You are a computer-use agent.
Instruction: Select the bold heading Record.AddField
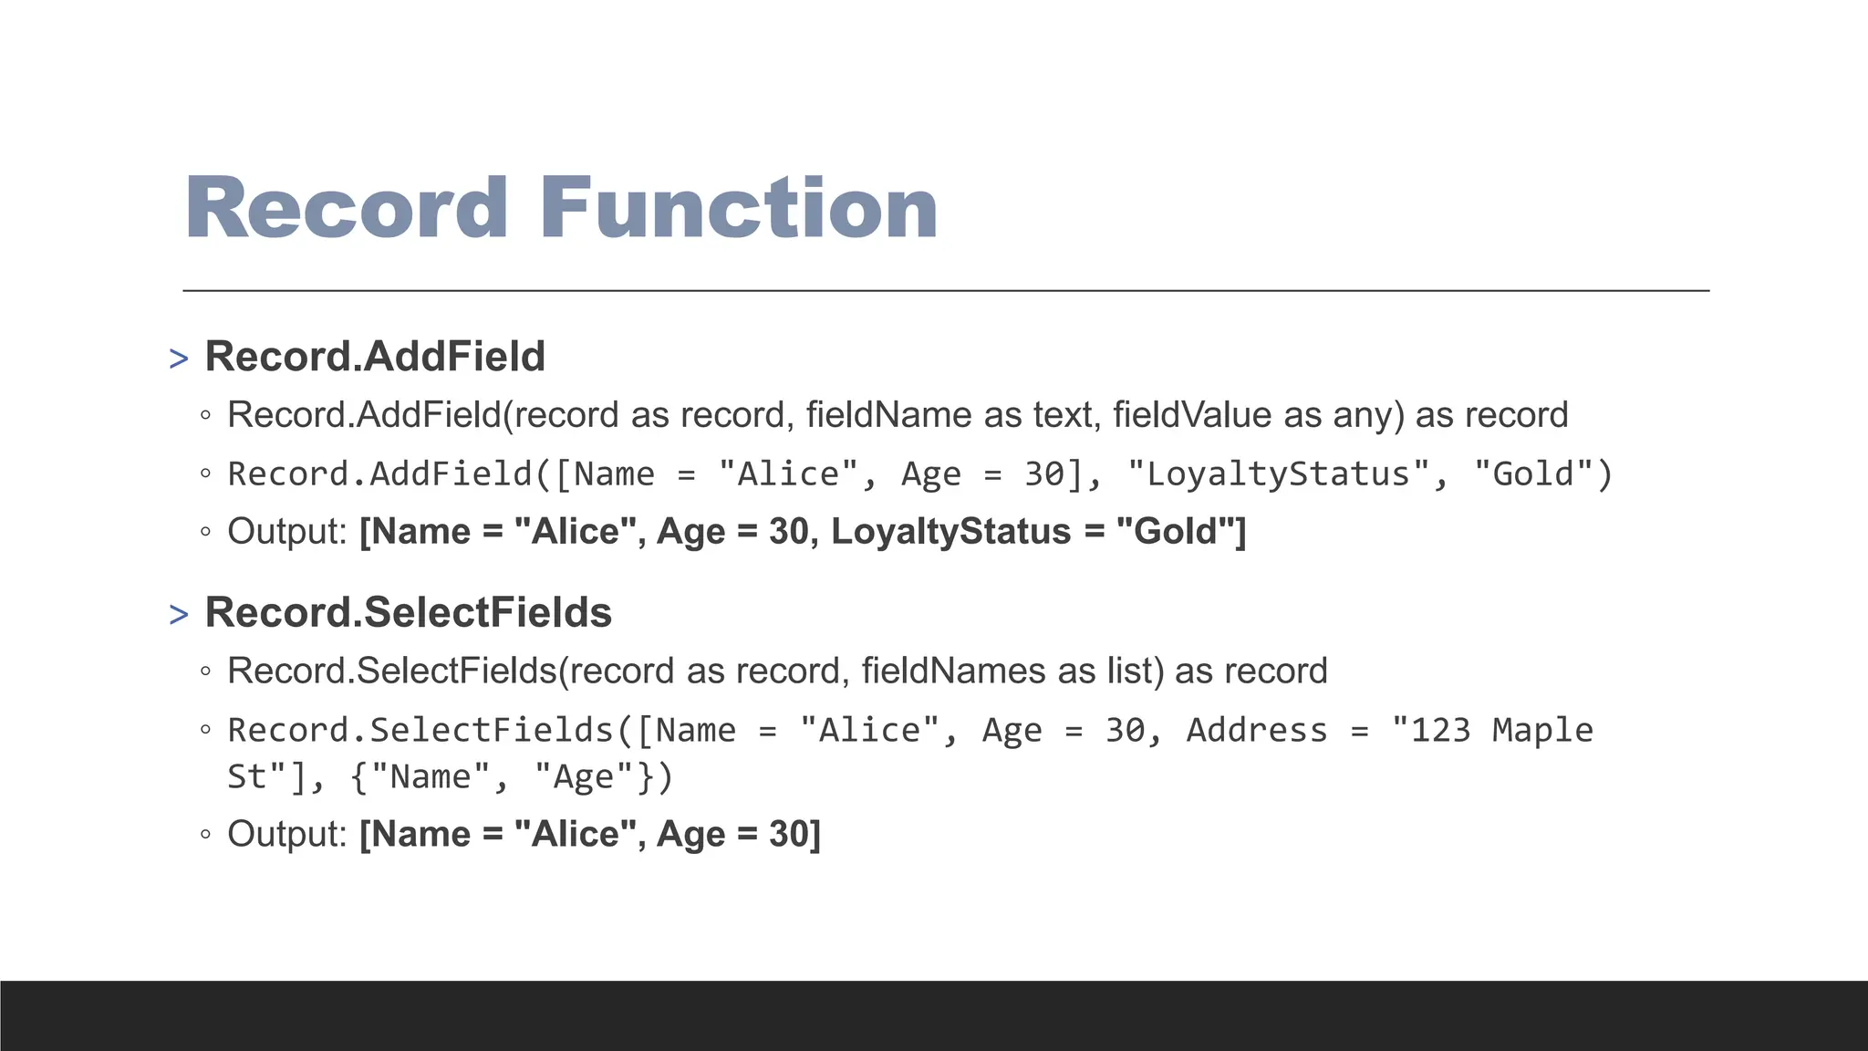click(375, 356)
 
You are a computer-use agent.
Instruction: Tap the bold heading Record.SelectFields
click(408, 612)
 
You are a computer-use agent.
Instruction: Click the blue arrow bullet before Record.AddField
click(179, 359)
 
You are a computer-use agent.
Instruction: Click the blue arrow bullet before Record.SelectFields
click(179, 615)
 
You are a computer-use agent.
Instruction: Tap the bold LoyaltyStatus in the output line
click(950, 532)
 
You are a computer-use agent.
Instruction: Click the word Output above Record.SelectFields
click(286, 532)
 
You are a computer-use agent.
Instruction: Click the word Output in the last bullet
click(286, 834)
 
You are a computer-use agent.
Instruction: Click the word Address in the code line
click(1256, 731)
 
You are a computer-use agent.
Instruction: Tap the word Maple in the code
click(1542, 731)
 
